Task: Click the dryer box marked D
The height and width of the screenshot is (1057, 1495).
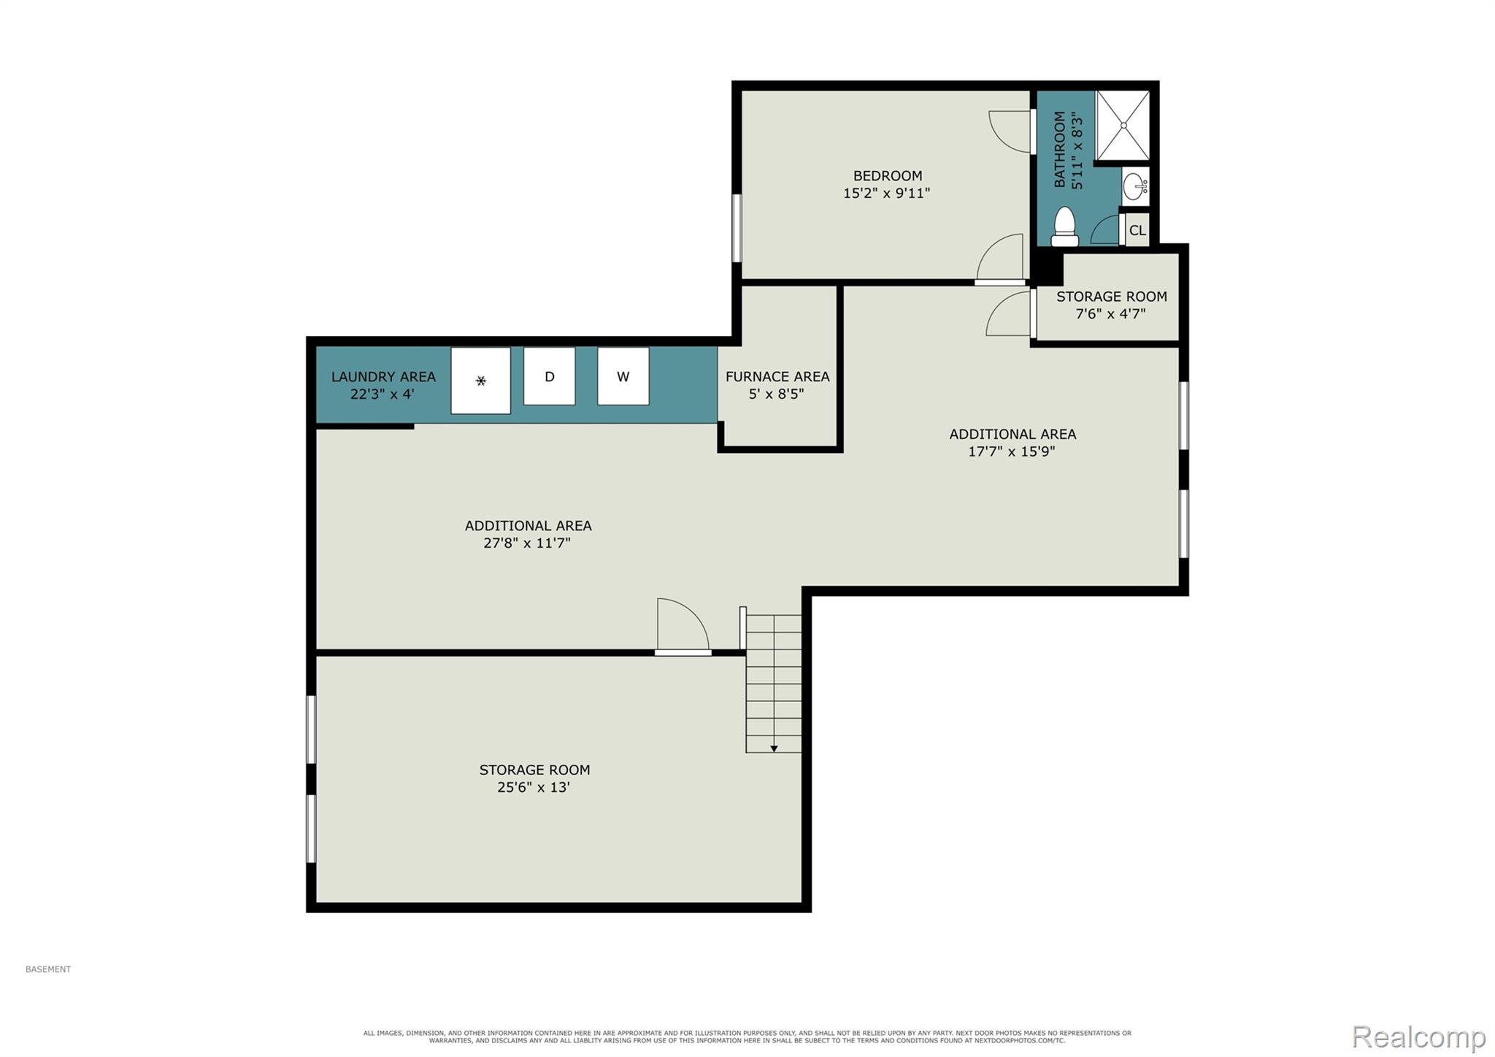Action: [x=549, y=376]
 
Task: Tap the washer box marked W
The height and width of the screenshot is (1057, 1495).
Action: [x=623, y=376]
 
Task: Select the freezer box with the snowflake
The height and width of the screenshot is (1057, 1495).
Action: [x=480, y=381]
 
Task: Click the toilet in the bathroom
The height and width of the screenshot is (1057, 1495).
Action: [x=1065, y=227]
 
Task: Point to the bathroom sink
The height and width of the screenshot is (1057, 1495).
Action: [x=1135, y=187]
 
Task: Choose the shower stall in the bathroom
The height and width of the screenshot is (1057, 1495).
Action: [x=1123, y=125]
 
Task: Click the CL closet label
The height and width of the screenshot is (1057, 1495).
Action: [x=1137, y=231]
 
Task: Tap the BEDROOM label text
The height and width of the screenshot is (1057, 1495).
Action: [x=888, y=176]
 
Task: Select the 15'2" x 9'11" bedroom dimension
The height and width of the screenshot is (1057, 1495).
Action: [x=887, y=194]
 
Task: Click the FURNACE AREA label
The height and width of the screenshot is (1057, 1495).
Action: [x=777, y=377]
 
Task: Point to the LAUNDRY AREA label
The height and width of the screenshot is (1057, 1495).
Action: [x=383, y=377]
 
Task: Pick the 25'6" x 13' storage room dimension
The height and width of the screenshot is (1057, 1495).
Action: [x=534, y=787]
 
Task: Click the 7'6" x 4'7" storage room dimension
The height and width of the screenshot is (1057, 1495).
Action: [x=1110, y=314]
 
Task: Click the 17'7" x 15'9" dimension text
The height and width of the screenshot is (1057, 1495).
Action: [x=1012, y=451]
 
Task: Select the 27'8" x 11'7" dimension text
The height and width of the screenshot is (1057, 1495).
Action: [x=527, y=543]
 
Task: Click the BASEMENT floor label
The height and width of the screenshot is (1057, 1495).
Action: [x=48, y=969]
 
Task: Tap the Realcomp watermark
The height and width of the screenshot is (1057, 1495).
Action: [x=1419, y=1037]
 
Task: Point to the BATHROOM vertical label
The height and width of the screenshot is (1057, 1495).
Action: [x=1060, y=150]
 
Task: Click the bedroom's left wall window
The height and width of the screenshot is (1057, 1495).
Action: [x=737, y=227]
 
